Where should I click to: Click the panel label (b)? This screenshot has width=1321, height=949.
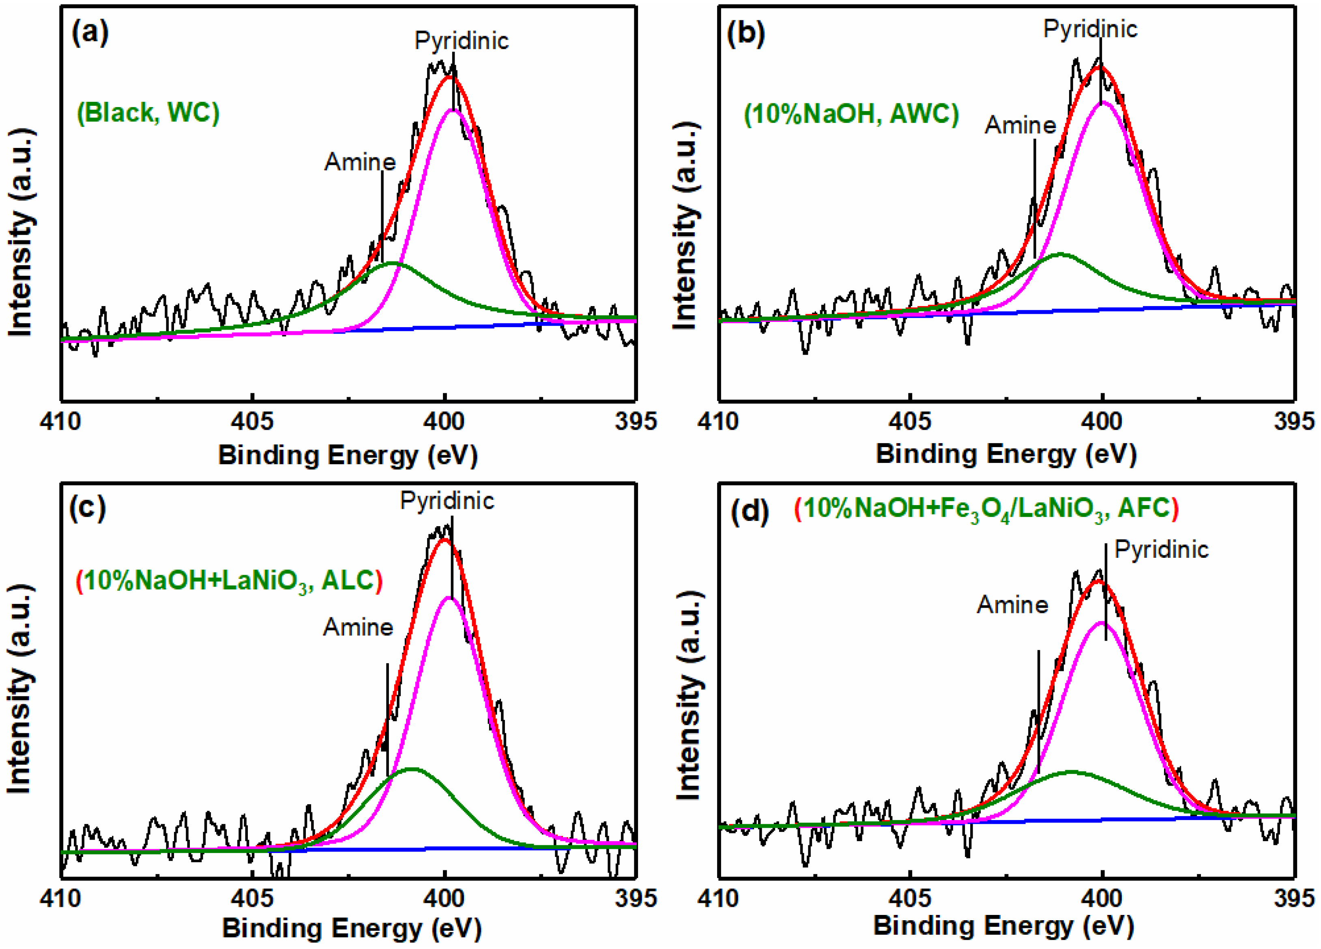pos(746,33)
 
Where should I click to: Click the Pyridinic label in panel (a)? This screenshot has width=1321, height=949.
pos(461,41)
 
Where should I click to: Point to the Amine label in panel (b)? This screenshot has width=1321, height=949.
pos(1020,125)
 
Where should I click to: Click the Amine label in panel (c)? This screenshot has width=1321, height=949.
pos(358,627)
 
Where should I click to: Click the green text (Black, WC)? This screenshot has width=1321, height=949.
pos(148,112)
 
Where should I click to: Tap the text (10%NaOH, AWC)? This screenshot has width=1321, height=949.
pos(851,113)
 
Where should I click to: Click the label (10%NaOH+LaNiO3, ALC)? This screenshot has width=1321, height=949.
pos(229,581)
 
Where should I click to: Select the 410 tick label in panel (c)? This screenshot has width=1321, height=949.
pos(60,898)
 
